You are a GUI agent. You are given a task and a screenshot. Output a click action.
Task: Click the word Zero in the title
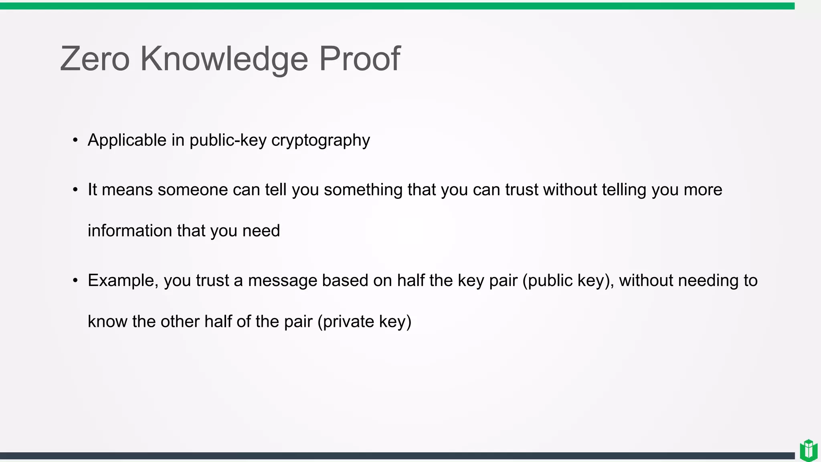pos(95,59)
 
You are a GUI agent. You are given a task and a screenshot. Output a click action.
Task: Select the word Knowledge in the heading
pos(224,59)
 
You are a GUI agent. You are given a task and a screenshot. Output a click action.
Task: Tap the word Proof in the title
pos(359,59)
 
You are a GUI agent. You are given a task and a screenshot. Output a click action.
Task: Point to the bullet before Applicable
pos(75,140)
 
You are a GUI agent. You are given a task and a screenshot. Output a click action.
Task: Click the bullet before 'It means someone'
pos(75,190)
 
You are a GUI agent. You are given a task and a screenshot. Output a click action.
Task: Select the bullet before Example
pos(75,280)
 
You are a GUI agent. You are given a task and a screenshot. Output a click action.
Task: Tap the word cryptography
pos(320,140)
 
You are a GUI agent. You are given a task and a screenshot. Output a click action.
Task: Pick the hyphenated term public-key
pos(228,140)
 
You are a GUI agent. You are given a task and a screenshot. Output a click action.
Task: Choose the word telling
pos(624,190)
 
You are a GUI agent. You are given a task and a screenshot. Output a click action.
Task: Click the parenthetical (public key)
pos(568,280)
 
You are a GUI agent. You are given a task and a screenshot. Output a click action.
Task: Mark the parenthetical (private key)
pos(364,322)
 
